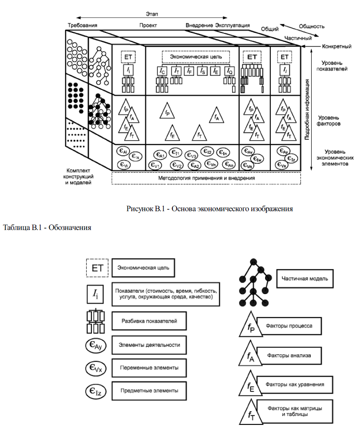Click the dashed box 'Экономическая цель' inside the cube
coord(195,56)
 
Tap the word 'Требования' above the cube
coord(83,25)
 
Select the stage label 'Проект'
coord(148,25)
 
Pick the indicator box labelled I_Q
coord(230,71)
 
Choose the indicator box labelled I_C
coord(162,71)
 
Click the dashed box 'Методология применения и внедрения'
coord(206,177)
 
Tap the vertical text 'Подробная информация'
coord(307,112)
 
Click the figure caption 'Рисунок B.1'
coord(210,209)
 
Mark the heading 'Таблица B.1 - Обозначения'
coord(47,227)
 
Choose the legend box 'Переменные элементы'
coord(149,367)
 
